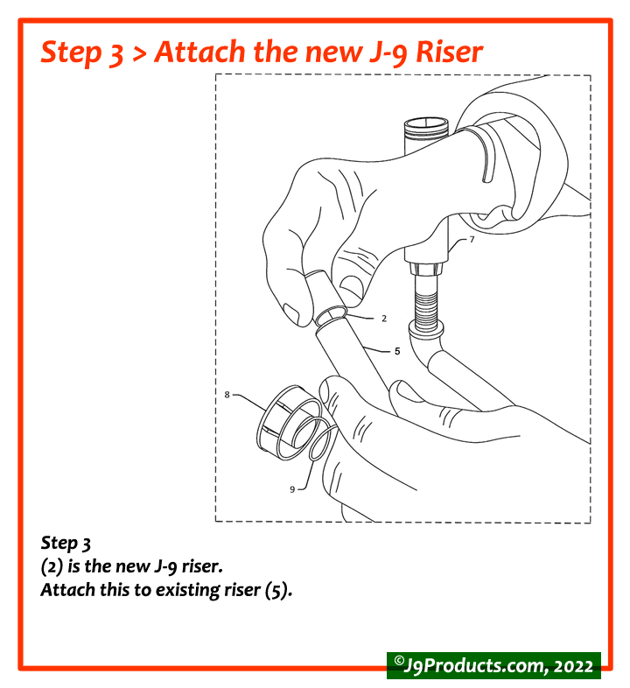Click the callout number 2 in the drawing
(383, 319)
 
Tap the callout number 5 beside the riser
(396, 351)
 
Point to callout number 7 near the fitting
(472, 239)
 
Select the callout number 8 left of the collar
(227, 395)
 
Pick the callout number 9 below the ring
(292, 489)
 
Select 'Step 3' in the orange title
(82, 52)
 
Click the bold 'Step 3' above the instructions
(66, 544)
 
